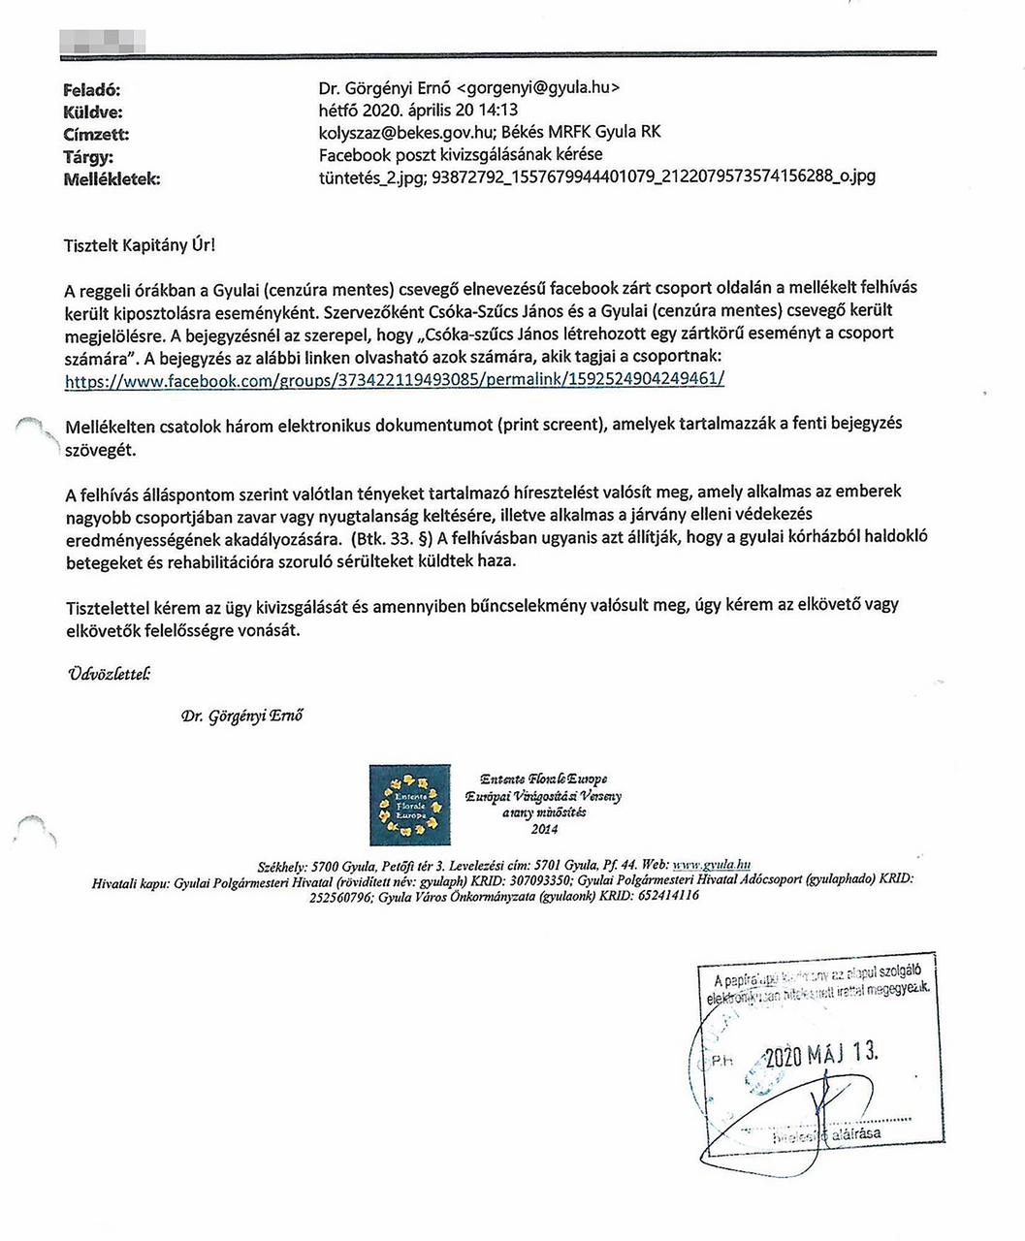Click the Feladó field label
(x=91, y=89)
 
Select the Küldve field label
(x=93, y=111)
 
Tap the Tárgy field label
(x=88, y=156)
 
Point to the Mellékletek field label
(x=112, y=178)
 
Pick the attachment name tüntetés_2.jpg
(x=370, y=176)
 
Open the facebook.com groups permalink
(x=394, y=379)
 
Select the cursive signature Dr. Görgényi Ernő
(x=242, y=716)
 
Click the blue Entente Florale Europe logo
(x=409, y=805)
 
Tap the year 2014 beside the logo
(x=544, y=829)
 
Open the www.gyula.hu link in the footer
(x=712, y=865)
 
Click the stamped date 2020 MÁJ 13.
(x=820, y=1054)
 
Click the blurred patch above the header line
(x=103, y=40)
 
